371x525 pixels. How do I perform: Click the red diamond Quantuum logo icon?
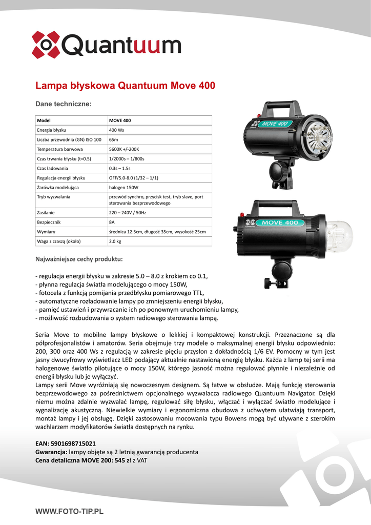46,45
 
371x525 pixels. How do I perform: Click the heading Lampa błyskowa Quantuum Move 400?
125,86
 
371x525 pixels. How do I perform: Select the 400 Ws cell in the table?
117,130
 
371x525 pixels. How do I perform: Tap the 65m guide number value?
114,139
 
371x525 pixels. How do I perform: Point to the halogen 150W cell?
123,187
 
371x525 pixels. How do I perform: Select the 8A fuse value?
112,222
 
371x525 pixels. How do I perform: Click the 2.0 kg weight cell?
115,241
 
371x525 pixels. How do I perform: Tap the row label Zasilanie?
46,212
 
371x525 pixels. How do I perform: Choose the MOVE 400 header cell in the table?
120,120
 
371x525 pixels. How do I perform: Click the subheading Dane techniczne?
63,104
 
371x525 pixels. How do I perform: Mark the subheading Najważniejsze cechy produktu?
78,259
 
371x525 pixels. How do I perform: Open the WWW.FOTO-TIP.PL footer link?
69,511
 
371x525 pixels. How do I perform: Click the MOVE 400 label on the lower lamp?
280,223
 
